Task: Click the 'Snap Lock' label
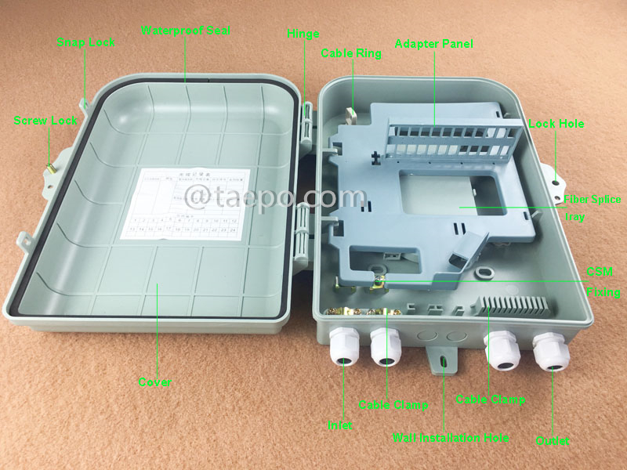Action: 86,42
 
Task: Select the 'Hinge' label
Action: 303,34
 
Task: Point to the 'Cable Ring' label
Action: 351,54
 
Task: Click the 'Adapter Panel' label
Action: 433,44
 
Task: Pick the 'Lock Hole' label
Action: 556,124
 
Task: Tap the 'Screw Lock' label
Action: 45,121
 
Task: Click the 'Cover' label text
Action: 155,382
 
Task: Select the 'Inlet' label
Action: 340,425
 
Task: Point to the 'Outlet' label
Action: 552,441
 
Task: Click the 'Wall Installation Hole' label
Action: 451,437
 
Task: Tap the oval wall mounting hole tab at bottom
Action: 443,361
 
